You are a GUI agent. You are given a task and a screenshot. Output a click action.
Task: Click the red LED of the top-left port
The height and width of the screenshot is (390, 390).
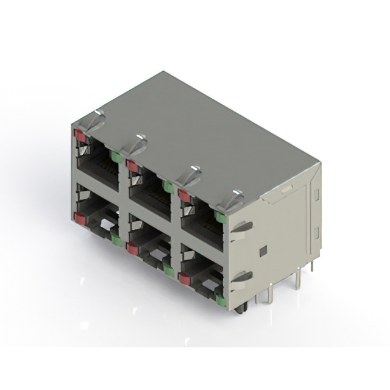point(79,135)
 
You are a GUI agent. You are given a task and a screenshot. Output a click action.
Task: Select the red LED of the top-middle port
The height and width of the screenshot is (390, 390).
point(132,165)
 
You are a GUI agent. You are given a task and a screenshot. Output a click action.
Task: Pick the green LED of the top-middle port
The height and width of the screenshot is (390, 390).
point(166,186)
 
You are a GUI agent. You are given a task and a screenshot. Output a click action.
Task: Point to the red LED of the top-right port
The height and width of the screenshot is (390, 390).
point(183,195)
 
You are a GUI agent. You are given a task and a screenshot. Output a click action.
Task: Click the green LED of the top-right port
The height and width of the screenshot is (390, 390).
point(220,216)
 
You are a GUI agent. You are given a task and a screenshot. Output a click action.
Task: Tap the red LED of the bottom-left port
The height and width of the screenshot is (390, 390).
point(79,218)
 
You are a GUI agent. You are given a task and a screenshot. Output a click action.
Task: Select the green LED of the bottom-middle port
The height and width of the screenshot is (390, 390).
point(168,269)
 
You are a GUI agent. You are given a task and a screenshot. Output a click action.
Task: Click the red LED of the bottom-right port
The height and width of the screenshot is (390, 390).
point(183,278)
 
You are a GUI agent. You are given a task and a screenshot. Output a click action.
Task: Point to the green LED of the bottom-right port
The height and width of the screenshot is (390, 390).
point(220,299)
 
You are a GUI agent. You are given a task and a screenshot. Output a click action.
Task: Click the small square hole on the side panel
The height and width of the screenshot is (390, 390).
point(263,251)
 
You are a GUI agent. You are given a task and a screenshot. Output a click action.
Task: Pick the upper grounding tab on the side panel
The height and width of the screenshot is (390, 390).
point(241,227)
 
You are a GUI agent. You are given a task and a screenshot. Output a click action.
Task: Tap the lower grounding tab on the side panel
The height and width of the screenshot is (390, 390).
point(242,277)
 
